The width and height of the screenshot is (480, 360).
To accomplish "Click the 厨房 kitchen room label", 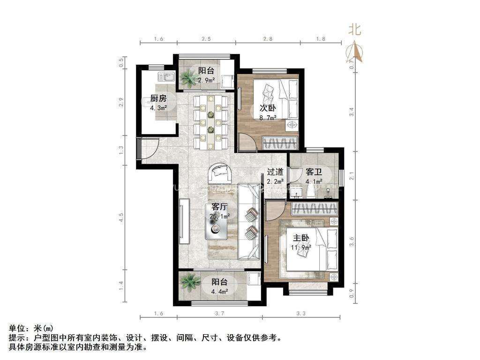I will point(158,98).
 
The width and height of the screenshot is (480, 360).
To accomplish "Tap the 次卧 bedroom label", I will point(269,107).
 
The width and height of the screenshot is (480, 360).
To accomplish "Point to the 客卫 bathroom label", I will point(315,172).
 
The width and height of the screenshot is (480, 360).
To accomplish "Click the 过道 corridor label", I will point(276,172).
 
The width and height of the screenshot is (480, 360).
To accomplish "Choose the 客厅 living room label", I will point(220,207).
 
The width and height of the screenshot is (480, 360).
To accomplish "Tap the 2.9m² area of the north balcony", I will point(206,80).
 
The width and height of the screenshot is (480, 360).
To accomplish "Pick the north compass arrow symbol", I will point(355,52).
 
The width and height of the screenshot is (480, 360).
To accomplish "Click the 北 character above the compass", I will point(354,30).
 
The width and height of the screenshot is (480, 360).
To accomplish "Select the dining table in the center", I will point(211,121).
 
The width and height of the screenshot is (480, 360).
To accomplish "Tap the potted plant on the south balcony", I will point(190,282).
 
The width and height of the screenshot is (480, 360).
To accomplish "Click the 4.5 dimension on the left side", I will point(121,218).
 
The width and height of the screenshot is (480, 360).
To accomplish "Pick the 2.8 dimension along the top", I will point(268,39).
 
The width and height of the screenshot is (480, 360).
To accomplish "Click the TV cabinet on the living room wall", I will point(184,222).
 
